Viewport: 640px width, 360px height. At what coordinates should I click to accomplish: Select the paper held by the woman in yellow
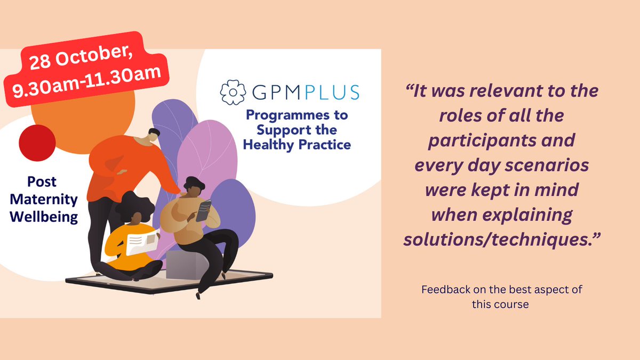[142, 243]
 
